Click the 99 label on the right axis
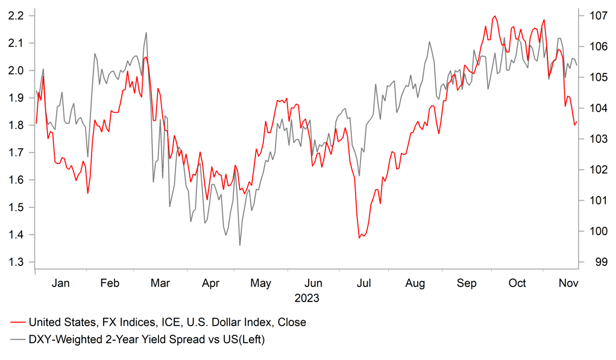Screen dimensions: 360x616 click(591, 262)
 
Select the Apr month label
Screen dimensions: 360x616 click(210, 283)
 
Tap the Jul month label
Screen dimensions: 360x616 click(363, 283)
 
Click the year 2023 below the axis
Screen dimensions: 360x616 click(307, 298)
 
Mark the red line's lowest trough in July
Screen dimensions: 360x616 click(360, 238)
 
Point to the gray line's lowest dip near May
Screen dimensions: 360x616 click(240, 245)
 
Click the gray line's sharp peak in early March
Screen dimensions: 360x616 click(146, 33)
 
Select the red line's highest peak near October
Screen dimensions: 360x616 click(495, 16)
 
